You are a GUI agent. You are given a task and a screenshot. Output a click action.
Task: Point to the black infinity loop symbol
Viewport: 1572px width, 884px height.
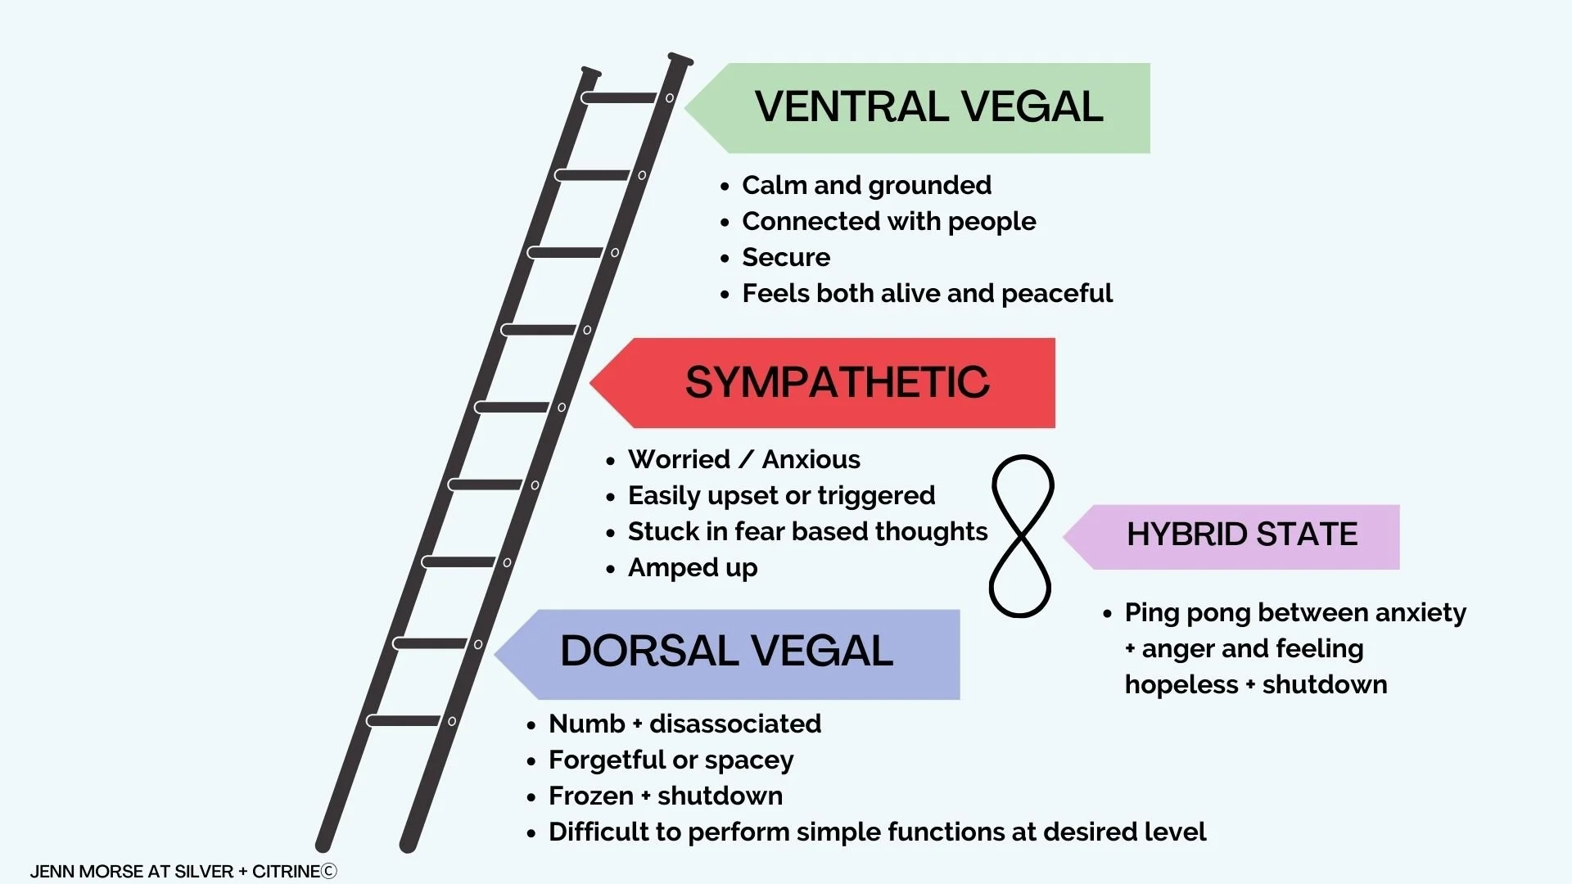click(1021, 536)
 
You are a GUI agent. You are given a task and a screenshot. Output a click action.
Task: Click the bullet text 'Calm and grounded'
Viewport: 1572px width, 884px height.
click(866, 186)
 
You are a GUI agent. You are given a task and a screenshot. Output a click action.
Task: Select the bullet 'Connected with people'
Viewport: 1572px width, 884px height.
click(888, 222)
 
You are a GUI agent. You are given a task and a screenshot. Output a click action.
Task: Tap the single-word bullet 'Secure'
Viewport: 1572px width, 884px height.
click(786, 258)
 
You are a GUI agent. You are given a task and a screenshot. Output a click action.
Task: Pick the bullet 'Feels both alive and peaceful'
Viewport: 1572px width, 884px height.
click(927, 294)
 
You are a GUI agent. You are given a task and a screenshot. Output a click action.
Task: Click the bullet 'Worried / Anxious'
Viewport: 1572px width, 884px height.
click(743, 460)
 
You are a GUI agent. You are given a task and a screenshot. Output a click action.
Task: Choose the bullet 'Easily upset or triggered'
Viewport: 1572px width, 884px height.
click(781, 496)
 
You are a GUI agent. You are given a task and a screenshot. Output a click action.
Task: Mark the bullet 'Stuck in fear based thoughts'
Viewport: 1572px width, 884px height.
click(807, 532)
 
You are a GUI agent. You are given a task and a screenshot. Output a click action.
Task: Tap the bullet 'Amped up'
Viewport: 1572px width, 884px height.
click(693, 568)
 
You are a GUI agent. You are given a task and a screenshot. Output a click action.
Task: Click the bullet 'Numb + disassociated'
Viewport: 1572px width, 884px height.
click(684, 724)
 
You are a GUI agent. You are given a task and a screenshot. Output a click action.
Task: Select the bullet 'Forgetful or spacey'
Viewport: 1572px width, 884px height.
click(671, 760)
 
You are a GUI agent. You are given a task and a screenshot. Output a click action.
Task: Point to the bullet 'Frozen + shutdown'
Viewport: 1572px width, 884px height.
click(665, 796)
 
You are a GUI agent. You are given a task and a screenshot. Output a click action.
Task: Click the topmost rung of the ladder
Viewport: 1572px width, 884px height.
click(621, 98)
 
